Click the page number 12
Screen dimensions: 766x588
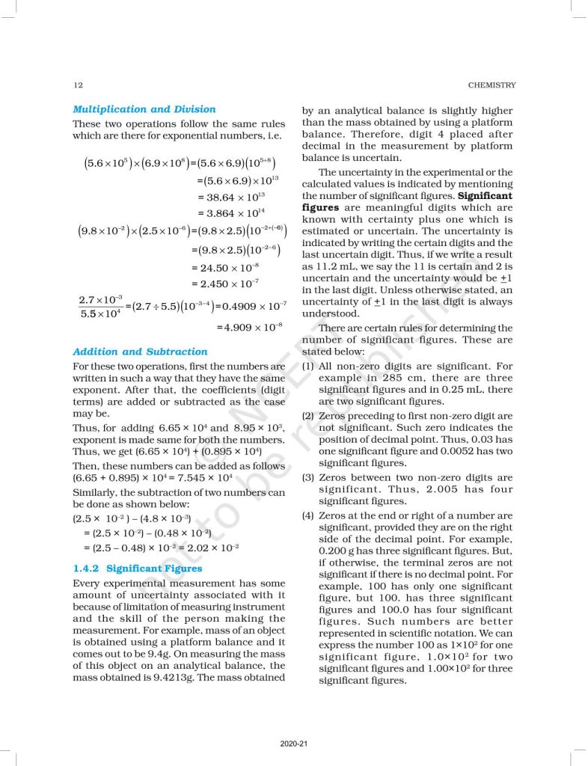78,85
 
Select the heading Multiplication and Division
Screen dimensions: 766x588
144,109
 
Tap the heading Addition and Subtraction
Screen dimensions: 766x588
140,352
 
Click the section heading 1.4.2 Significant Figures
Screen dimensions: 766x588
137,569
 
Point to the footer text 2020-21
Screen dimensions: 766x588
293,744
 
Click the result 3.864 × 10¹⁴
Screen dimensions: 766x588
232,214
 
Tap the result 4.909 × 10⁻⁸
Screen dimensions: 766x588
249,327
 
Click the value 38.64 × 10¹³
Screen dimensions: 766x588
232,197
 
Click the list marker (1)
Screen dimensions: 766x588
307,367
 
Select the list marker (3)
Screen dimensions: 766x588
307,478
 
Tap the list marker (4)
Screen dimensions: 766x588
307,516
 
